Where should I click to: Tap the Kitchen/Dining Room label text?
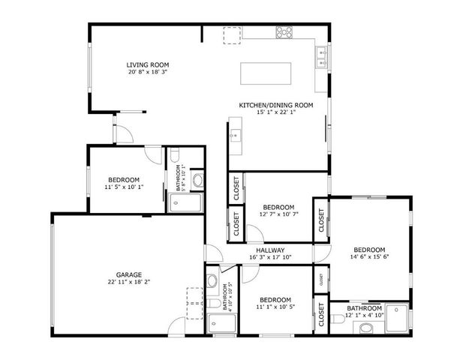(x=275, y=105)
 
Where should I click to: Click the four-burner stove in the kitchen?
(x=284, y=32)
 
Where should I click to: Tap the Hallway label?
(x=269, y=250)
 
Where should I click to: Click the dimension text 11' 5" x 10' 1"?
(x=123, y=187)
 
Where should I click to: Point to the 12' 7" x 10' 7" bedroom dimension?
(x=278, y=214)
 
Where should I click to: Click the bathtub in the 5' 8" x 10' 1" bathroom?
(x=185, y=202)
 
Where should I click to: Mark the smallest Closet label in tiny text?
(x=320, y=279)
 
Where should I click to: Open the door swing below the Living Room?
(x=125, y=133)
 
